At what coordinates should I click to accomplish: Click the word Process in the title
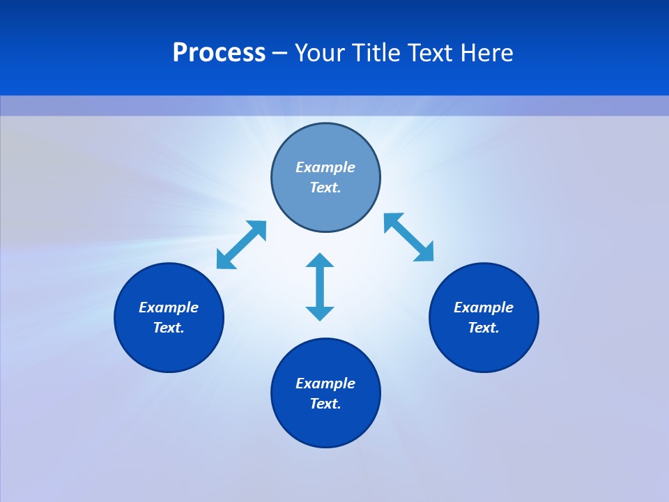pos(219,53)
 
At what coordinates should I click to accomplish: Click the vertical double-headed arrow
pos(320,287)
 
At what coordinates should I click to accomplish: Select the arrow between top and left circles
pos(241,245)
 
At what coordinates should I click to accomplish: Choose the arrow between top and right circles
pos(408,237)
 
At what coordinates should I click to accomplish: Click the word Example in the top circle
pos(325,167)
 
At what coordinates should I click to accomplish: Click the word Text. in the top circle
pos(325,188)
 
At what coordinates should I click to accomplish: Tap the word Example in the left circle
pos(169,307)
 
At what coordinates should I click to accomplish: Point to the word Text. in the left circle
pos(169,328)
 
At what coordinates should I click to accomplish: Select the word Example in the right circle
pos(484,307)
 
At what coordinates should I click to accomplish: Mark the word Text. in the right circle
pos(484,328)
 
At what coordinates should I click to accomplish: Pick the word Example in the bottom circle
pos(325,383)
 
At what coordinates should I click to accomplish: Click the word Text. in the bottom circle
pos(325,404)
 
